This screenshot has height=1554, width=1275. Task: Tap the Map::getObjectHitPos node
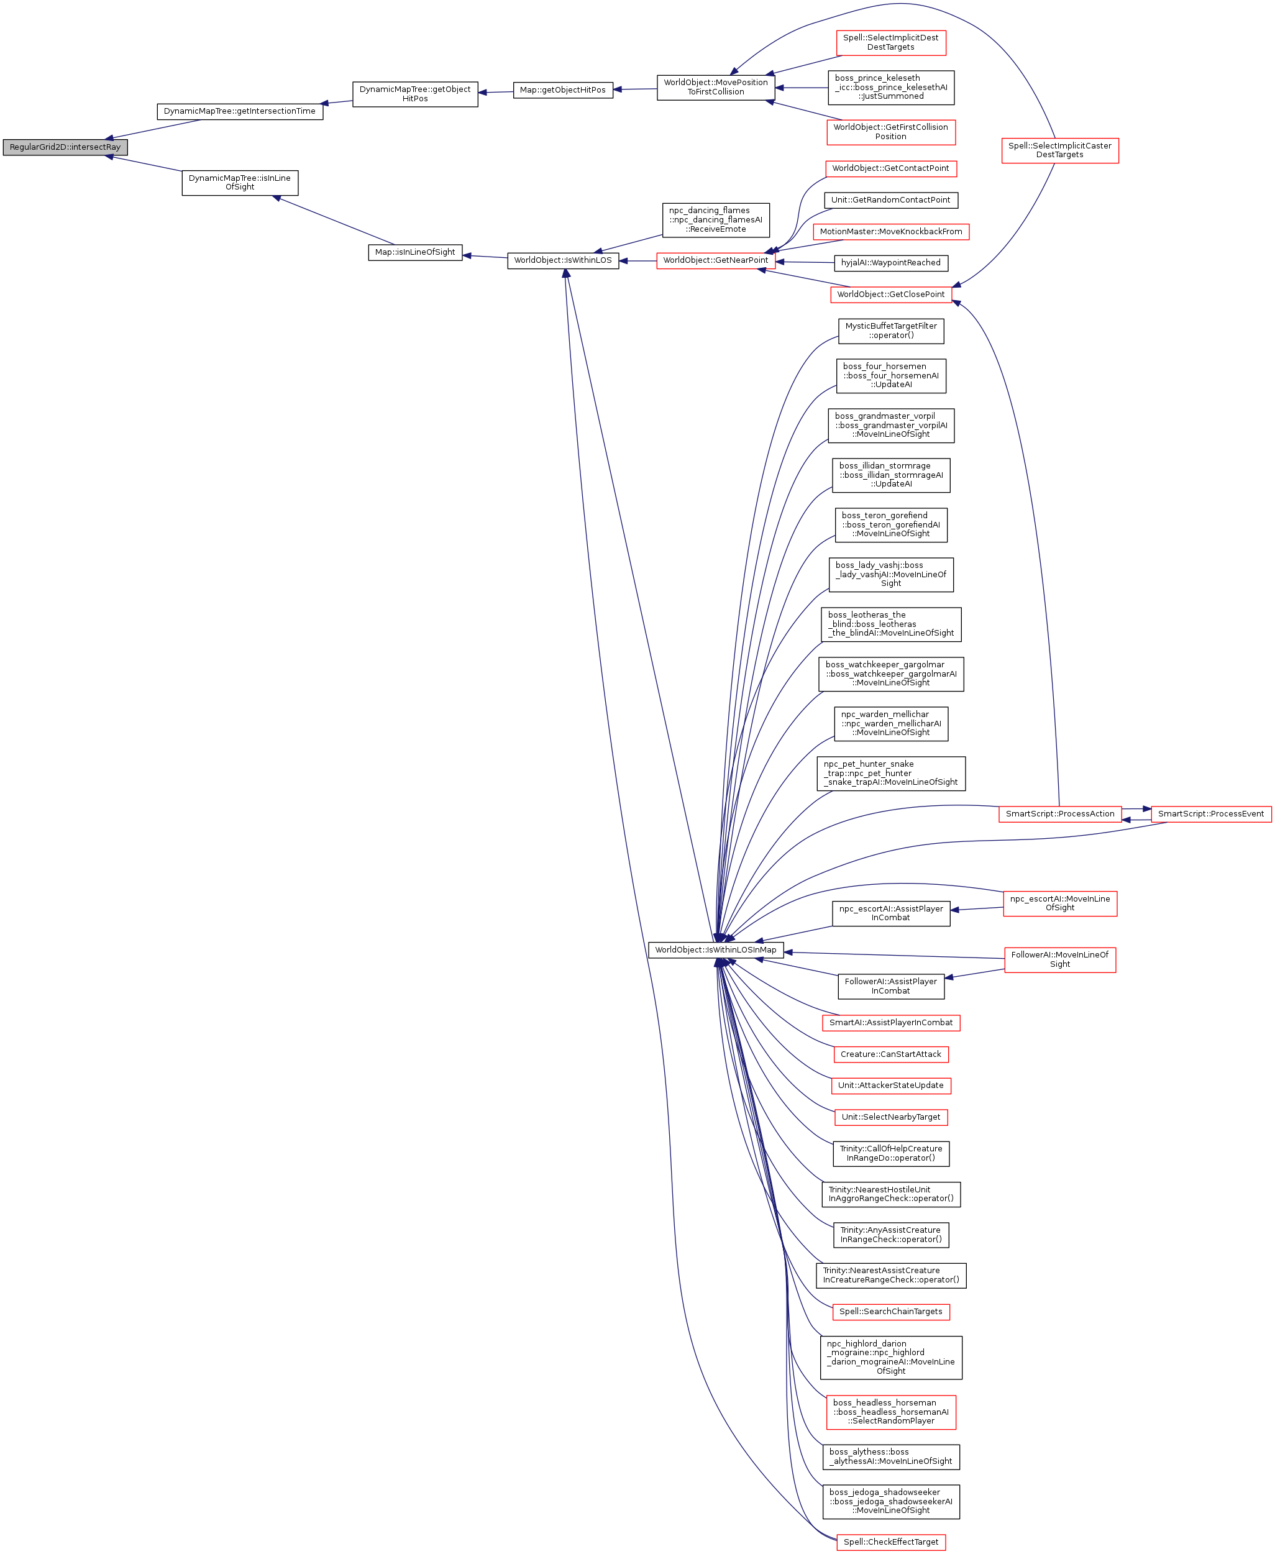pyautogui.click(x=562, y=90)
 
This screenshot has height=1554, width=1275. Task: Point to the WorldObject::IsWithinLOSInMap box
pyautogui.click(x=715, y=950)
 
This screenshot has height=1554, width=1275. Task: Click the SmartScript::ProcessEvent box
pyautogui.click(x=1210, y=814)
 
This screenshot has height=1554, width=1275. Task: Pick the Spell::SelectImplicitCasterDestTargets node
pyautogui.click(x=1060, y=150)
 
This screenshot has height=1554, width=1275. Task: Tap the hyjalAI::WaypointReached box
pyautogui.click(x=890, y=263)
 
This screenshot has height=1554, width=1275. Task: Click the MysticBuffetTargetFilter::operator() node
pyautogui.click(x=891, y=331)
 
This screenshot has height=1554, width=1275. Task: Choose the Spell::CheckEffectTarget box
pyautogui.click(x=891, y=1542)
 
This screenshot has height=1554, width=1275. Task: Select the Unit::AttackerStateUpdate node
pyautogui.click(x=891, y=1086)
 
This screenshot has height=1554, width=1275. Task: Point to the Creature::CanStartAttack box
pyautogui.click(x=891, y=1054)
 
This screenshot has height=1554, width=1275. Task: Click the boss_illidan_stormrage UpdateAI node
pyautogui.click(x=891, y=475)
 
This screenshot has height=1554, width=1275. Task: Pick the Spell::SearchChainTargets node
pyautogui.click(x=891, y=1312)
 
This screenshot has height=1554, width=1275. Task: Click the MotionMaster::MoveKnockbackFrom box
pyautogui.click(x=891, y=232)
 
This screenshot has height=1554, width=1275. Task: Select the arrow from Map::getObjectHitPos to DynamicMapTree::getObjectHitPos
pyautogui.click(x=496, y=93)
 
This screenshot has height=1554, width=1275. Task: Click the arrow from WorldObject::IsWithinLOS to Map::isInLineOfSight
pyautogui.click(x=485, y=257)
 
